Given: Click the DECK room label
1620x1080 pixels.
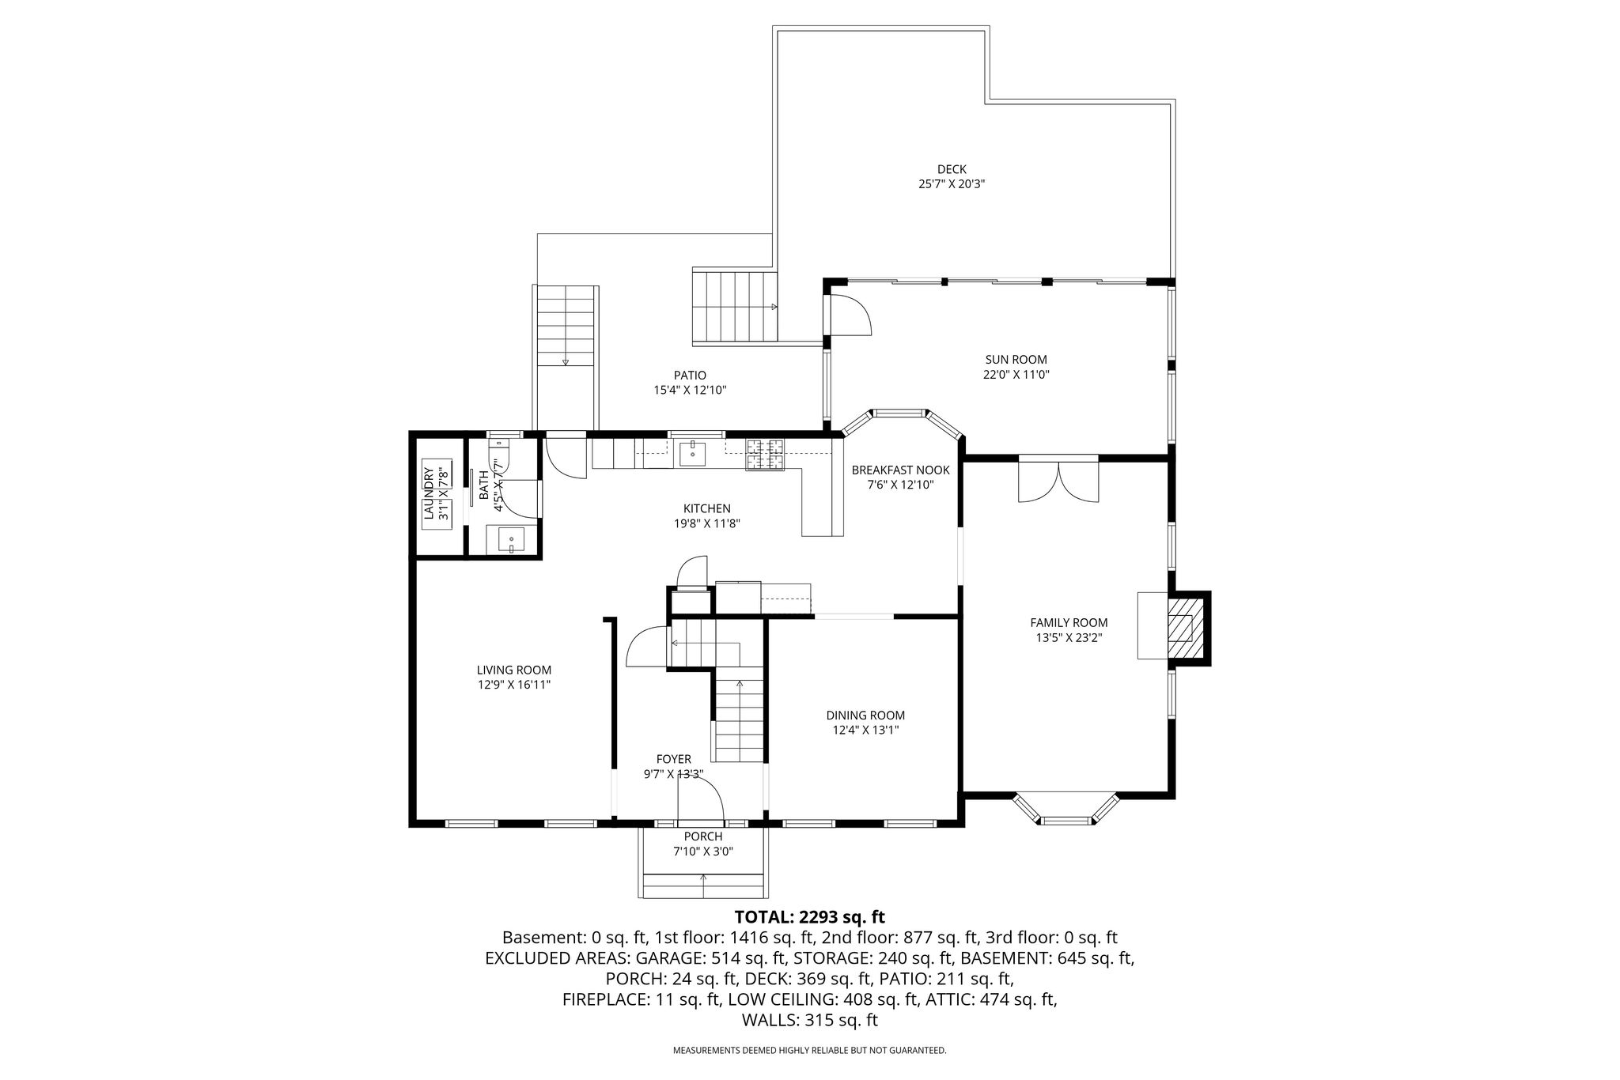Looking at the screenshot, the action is (x=952, y=169).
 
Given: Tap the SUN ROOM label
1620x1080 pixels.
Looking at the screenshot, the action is (x=1016, y=360).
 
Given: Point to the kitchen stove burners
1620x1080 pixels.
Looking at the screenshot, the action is (x=765, y=455).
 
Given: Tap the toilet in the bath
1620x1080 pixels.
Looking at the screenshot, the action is (x=503, y=456).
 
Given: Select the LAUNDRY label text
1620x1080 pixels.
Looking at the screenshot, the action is (x=429, y=493).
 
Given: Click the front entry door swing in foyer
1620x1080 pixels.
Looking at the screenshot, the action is (x=702, y=799).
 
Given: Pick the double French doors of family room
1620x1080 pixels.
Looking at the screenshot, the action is (x=1058, y=478).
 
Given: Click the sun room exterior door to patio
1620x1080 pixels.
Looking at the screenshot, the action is (x=848, y=315).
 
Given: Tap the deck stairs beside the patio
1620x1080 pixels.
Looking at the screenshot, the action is (x=735, y=306).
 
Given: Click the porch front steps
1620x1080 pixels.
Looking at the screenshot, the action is (x=703, y=886).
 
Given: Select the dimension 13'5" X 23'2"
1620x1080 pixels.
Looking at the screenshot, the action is (x=1069, y=637).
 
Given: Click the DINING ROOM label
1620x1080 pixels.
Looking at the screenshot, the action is (x=865, y=716).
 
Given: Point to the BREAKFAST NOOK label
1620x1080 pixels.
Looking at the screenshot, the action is (x=900, y=470).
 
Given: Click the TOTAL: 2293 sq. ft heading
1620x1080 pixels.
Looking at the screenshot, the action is (x=809, y=917).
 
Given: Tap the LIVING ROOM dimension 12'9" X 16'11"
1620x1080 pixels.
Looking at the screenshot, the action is (x=513, y=685).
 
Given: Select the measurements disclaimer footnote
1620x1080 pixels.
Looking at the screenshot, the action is (x=809, y=1051).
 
